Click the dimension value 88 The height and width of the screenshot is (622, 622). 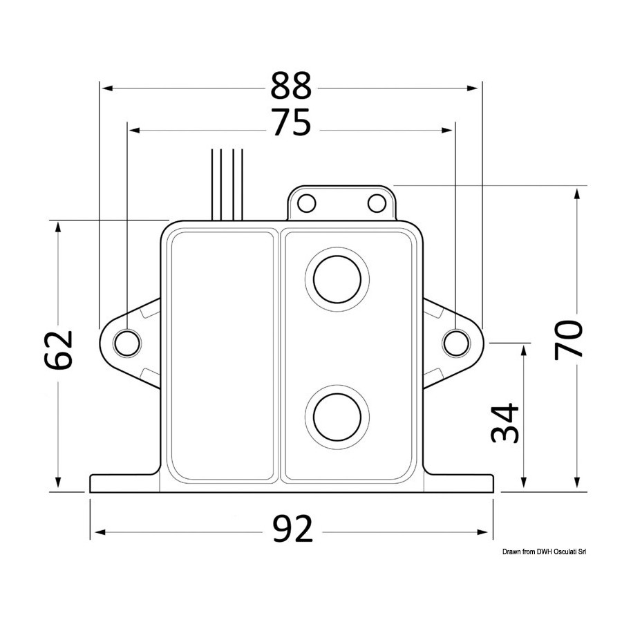(291, 86)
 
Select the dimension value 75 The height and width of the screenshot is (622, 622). (292, 123)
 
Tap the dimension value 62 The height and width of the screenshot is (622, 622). (58, 350)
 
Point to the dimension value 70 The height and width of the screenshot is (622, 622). (568, 340)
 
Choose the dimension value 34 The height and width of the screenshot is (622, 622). (505, 423)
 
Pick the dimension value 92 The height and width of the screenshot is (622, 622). (293, 529)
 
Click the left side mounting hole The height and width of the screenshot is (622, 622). (127, 343)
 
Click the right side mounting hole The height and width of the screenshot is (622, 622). (456, 343)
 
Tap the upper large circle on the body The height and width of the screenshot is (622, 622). (337, 279)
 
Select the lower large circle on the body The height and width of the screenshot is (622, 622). (337, 417)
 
